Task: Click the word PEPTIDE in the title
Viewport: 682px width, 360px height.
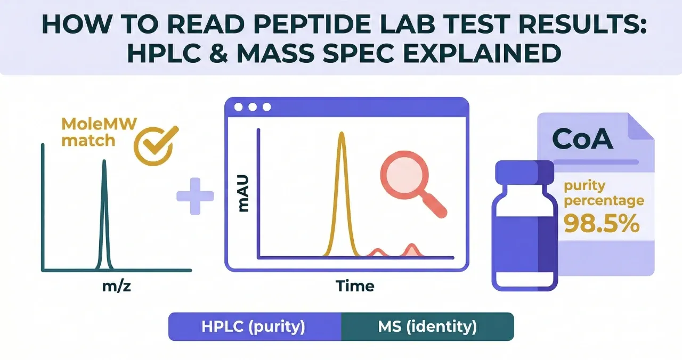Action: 312,24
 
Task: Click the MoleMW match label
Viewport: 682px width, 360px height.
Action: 99,133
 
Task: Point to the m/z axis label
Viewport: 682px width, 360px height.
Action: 117,286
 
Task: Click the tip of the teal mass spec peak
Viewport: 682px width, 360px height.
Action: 104,160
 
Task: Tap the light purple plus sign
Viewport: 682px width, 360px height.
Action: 195,197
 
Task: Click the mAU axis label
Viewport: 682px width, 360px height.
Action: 243,193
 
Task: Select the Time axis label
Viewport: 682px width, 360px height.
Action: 355,286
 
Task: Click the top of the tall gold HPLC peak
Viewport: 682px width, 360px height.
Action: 342,133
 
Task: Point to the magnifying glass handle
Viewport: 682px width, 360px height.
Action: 435,206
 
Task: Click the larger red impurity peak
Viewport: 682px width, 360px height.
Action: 412,251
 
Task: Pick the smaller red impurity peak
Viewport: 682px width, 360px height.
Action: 378,253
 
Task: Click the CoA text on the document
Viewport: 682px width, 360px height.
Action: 582,139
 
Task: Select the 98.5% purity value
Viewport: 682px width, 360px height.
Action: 602,223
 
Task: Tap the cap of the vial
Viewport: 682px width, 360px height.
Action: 524,173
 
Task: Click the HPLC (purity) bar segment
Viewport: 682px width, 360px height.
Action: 255,326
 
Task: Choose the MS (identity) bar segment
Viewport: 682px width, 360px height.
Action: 427,326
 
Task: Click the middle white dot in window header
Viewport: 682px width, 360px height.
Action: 253,107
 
